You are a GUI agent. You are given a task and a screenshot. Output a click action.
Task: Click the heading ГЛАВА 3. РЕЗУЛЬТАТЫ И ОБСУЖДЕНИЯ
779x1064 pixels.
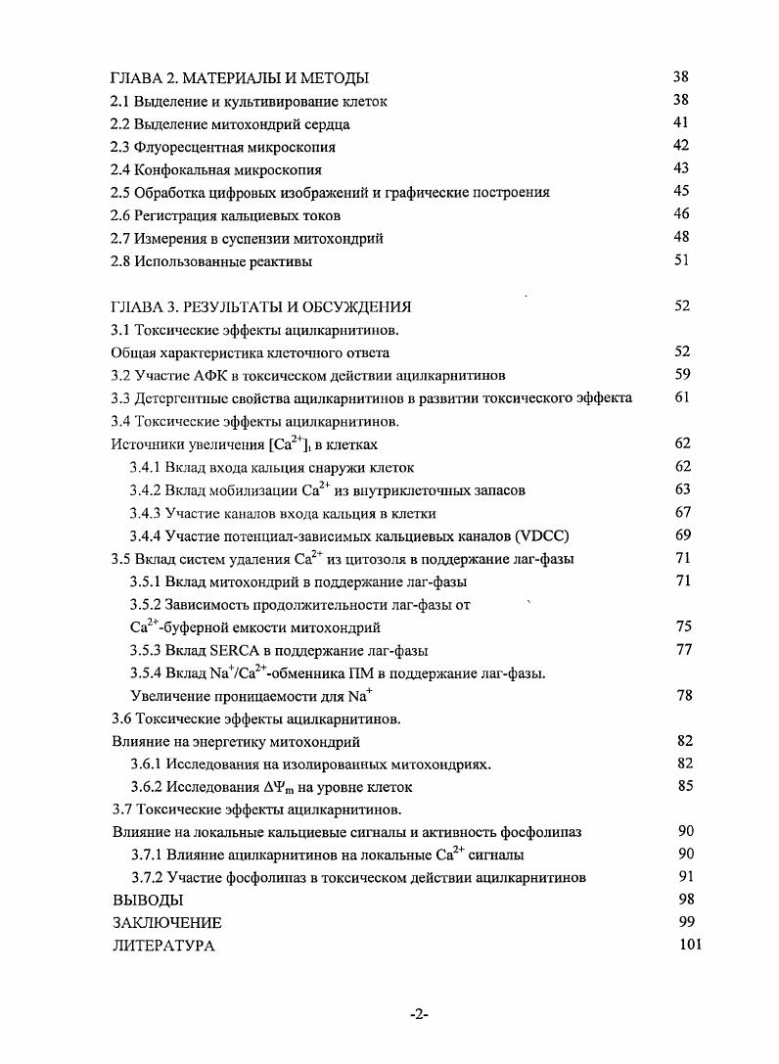click(261, 306)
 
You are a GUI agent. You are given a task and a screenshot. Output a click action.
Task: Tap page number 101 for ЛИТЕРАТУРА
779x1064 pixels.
click(690, 946)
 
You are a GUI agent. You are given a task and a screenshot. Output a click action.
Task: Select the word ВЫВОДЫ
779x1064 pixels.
click(148, 900)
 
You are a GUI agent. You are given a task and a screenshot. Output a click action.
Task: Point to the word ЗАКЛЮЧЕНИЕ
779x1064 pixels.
click(167, 923)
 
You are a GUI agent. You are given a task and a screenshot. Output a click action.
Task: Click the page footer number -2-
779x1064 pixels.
click(419, 1015)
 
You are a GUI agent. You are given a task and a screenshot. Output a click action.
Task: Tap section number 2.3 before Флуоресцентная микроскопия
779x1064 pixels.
click(122, 147)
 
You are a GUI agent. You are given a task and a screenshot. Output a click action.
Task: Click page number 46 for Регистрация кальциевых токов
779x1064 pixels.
click(682, 214)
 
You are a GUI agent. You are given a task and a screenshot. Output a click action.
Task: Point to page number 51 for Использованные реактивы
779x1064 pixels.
click(682, 260)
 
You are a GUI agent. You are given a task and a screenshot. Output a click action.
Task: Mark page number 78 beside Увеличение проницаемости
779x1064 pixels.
click(684, 696)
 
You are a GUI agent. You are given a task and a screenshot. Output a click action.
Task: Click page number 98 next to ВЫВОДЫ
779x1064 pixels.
click(685, 900)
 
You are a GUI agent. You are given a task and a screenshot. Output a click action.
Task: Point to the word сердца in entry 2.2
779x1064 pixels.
click(328, 124)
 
